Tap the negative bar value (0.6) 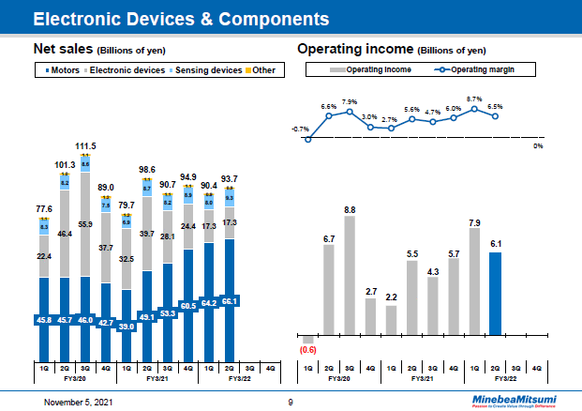click(307, 350)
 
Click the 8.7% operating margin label click(474, 99)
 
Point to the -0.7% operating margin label click(301, 129)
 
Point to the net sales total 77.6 click(44, 208)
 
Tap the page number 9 click(291, 402)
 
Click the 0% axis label click(538, 145)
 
